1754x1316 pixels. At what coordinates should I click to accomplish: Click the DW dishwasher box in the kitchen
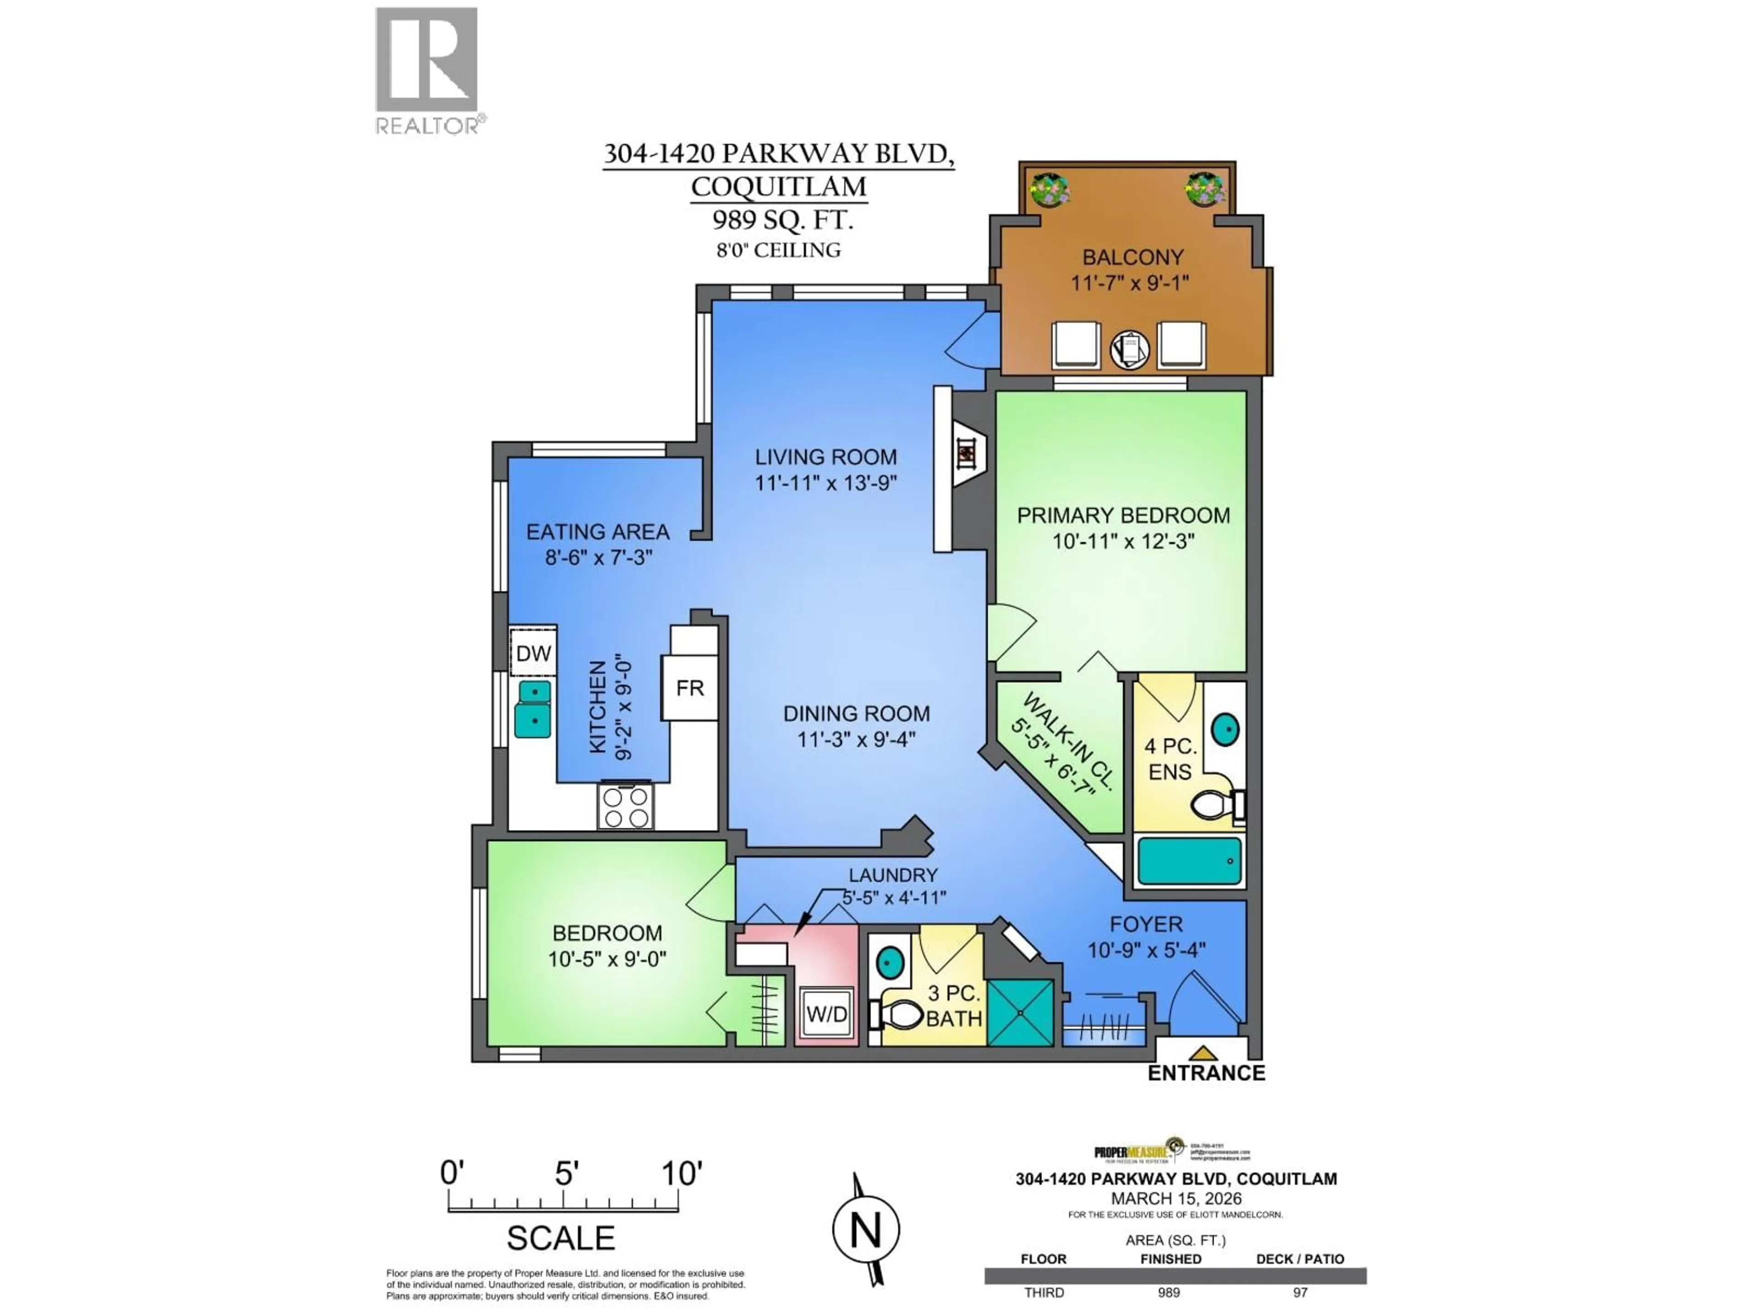click(533, 653)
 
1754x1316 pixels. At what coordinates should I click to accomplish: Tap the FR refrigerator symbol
click(689, 688)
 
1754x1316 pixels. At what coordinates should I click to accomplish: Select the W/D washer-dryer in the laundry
click(827, 1014)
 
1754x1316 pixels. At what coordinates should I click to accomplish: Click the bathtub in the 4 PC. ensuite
click(1189, 861)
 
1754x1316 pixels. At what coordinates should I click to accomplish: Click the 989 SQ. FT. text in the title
click(782, 219)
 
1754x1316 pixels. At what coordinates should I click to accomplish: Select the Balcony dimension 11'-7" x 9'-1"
click(1131, 282)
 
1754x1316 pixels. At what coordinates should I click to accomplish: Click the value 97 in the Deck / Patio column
click(1300, 1292)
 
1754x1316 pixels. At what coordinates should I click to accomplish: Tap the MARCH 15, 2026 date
click(1176, 1199)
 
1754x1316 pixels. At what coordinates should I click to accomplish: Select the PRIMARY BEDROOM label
click(1123, 515)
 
